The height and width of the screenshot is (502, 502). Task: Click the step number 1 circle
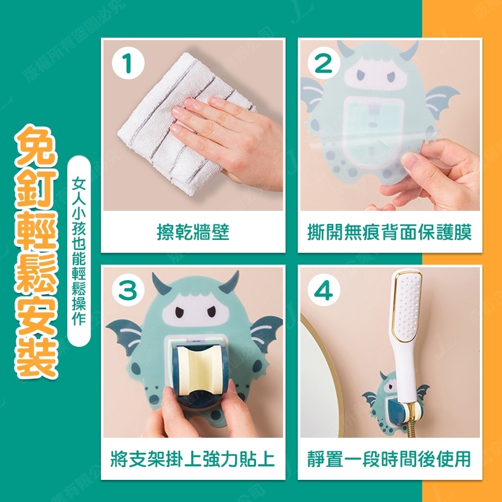[129, 64]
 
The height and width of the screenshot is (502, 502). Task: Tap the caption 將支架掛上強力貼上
[193, 459]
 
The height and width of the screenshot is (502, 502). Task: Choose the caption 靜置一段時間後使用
[390, 459]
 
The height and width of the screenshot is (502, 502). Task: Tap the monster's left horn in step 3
[161, 284]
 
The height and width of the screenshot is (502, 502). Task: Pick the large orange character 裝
[36, 358]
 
